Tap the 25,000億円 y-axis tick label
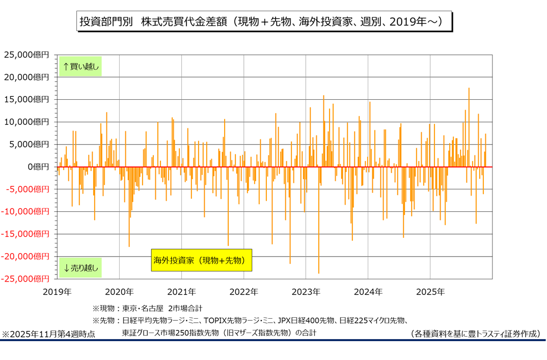pos(26,54)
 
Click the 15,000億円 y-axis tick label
pos(26,99)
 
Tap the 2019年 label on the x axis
pos(57,292)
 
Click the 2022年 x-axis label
pos(243,292)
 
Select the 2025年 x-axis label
pos(430,292)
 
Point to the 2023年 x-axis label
pos(306,292)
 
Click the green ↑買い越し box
pos(80,66)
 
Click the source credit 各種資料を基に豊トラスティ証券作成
pos(475,334)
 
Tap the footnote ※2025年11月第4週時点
pos(48,335)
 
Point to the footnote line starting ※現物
pos(147,309)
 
